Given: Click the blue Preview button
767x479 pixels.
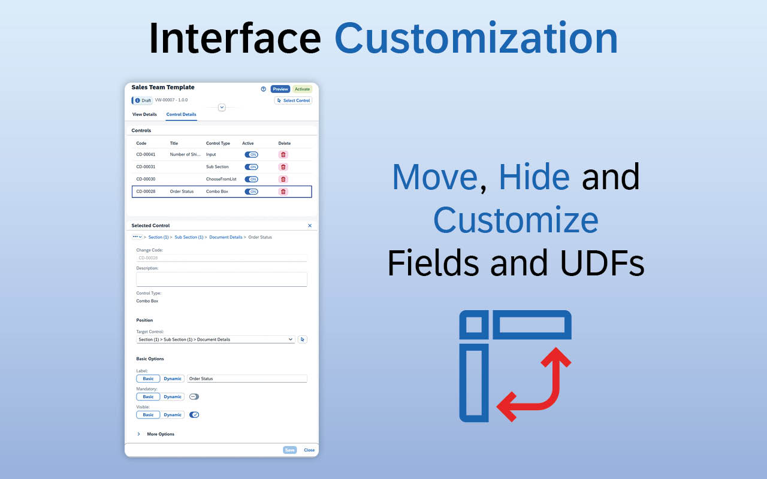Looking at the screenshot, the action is tap(280, 89).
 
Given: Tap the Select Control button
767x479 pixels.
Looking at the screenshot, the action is tap(293, 101).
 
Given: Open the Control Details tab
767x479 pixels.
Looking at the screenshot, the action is tap(181, 114).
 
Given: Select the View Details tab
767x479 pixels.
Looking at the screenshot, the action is tap(144, 114).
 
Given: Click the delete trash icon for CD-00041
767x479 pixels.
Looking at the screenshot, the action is tap(283, 154).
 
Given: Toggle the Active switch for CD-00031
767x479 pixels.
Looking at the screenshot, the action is tap(251, 167).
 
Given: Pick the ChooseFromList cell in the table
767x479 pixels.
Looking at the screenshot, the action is tap(221, 179).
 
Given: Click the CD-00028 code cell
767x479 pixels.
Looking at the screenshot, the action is tap(146, 192).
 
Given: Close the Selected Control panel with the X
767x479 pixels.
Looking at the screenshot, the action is tap(310, 226).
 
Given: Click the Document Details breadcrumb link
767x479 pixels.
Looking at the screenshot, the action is tap(226, 237).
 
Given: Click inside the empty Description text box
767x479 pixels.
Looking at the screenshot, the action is tap(222, 279).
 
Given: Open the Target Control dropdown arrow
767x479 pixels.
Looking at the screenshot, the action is tap(291, 339).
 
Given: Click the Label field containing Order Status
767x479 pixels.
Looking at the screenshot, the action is tap(247, 379).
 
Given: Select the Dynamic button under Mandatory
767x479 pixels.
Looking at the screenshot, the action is tap(172, 397).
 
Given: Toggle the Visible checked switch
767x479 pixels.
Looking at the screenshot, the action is tap(194, 415).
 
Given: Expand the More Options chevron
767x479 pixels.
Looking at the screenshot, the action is tap(138, 434).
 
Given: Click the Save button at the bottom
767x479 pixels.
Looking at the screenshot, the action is tap(289, 450).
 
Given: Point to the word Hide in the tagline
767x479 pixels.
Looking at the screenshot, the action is tap(534, 177).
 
